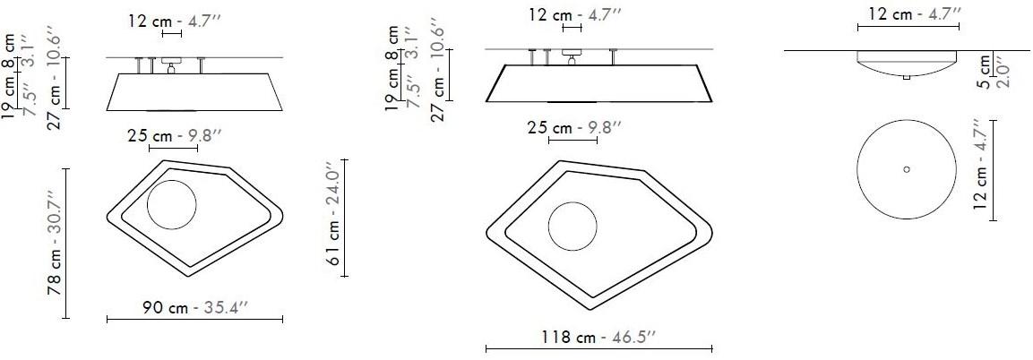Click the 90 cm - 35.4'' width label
tap(194, 306)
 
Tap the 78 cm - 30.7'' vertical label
tap(54, 243)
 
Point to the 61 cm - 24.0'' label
tap(332, 219)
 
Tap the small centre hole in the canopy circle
tap(907, 168)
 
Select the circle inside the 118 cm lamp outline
tap(573, 226)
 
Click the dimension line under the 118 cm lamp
tap(598, 349)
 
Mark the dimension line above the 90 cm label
tap(194, 319)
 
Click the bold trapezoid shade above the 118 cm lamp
tap(598, 83)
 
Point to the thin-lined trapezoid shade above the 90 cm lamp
tap(194, 91)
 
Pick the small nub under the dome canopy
tap(907, 78)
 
